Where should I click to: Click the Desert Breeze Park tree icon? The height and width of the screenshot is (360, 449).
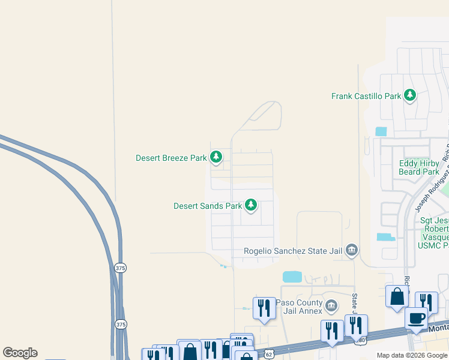[216, 158]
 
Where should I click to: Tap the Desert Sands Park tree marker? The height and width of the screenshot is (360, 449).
[251, 206]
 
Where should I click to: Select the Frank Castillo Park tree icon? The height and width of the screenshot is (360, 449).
[410, 95]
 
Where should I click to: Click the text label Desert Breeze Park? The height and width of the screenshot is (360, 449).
[171, 158]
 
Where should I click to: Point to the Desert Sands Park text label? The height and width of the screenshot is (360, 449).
[208, 206]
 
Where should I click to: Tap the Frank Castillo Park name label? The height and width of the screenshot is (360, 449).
[366, 96]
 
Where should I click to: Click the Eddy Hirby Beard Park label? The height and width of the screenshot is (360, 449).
[419, 167]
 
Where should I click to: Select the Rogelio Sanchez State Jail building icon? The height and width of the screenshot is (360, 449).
[352, 250]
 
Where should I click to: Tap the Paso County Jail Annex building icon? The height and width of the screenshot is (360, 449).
[331, 307]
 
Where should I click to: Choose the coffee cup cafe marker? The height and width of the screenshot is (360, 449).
[416, 318]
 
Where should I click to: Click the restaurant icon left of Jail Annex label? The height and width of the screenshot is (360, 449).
[264, 308]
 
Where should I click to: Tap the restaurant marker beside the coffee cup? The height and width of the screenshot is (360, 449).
[426, 302]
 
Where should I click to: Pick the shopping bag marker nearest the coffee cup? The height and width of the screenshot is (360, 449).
[397, 296]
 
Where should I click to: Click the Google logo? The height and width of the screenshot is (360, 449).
[20, 353]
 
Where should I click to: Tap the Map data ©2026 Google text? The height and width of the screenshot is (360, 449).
[411, 355]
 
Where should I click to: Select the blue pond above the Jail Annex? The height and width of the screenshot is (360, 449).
[292, 277]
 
